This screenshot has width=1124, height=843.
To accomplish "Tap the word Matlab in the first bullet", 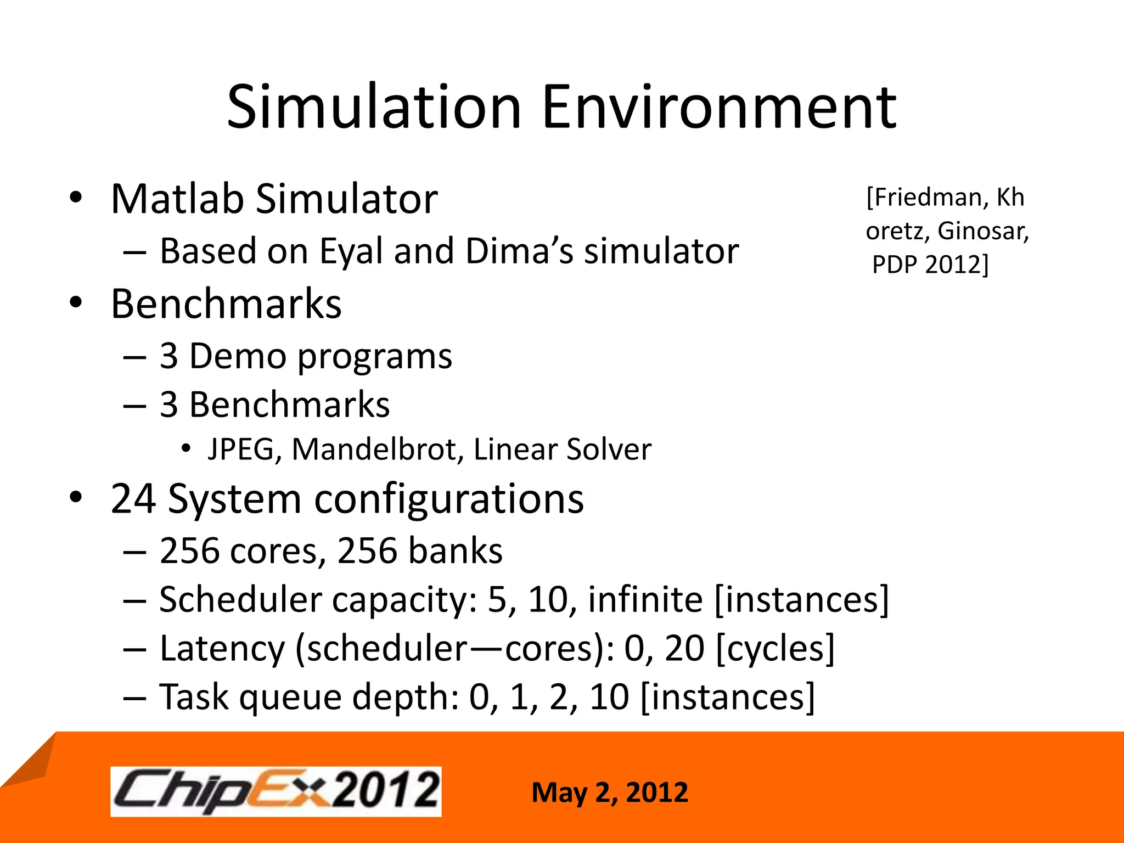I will [x=177, y=199].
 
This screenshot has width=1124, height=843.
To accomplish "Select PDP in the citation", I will [x=894, y=265].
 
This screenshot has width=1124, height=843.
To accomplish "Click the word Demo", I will [x=238, y=357].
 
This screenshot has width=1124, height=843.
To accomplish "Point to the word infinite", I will [x=645, y=599].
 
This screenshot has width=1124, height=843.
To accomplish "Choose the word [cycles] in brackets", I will [x=775, y=649].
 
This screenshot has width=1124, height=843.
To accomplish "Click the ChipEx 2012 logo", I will [x=276, y=791].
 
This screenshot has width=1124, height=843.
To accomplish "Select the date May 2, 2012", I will [x=610, y=793].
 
